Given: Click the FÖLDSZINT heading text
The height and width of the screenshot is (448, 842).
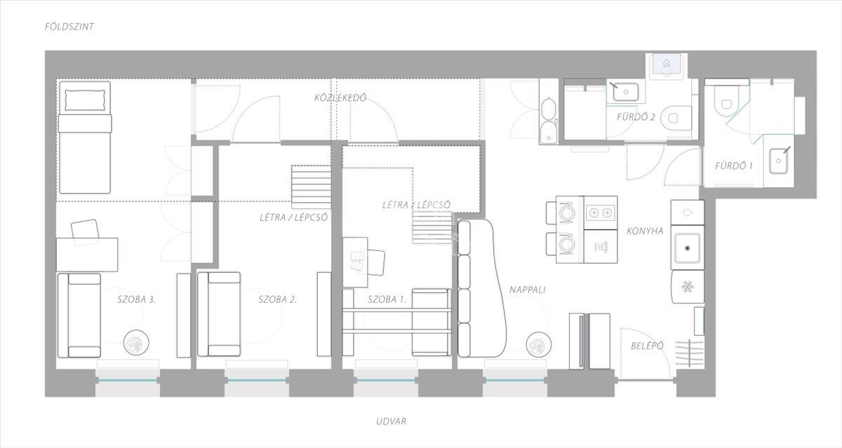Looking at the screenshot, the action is tap(69, 27).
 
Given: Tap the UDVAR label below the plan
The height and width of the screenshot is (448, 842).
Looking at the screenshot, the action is tap(391, 421).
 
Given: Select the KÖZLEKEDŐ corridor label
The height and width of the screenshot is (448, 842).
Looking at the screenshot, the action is tap(340, 97).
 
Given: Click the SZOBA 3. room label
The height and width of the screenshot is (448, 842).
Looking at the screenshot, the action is tap(136, 299).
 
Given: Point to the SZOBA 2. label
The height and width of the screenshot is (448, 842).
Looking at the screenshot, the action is tap(277, 299).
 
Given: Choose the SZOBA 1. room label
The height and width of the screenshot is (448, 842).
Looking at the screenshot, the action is tap(387, 299).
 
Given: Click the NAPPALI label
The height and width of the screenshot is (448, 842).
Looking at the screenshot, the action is tap(528, 290).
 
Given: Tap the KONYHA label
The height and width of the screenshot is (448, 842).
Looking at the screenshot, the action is tap(645, 231).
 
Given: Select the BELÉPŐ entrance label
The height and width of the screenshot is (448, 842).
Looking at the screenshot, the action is tap(647, 346).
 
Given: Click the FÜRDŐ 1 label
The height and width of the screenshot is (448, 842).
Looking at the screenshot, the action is tap(734, 165).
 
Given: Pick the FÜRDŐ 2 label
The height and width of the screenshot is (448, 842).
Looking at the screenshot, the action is tap(636, 117).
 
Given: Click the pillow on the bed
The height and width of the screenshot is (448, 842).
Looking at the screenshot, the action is tap(85, 100).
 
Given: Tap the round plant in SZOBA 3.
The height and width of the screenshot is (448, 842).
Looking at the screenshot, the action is tap(136, 342).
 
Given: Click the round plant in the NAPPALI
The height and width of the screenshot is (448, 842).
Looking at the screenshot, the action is tap(539, 345).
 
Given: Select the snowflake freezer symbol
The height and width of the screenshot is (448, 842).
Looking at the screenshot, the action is tap(688, 287).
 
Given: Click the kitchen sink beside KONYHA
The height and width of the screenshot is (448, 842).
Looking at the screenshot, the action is tap(688, 248).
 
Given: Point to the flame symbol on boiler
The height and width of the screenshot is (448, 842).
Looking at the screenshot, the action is tap(667, 63).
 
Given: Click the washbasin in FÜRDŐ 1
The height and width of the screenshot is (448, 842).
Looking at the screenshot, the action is tap(778, 161).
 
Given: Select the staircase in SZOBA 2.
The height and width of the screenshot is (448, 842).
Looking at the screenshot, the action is tap(312, 187).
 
